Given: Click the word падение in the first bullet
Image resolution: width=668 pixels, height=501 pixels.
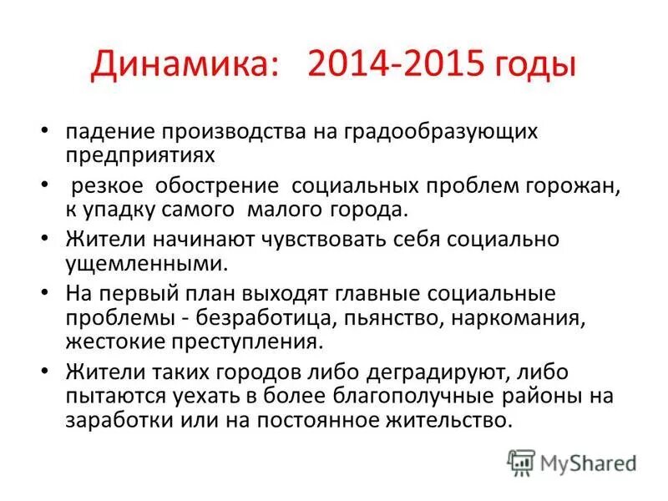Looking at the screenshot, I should click(112, 131).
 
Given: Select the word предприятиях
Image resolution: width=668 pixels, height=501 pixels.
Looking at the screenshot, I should click(139, 154).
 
